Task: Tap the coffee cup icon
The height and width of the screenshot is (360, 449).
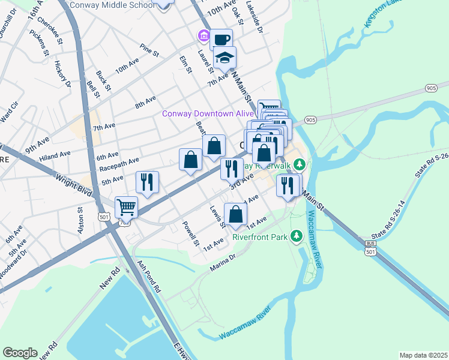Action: click(221, 39)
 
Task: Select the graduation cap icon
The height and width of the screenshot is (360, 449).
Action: click(225, 57)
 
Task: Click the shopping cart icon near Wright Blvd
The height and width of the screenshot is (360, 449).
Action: click(126, 207)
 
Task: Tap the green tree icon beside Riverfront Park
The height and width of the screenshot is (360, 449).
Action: click(295, 236)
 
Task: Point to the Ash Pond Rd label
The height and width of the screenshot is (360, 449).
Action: click(148, 276)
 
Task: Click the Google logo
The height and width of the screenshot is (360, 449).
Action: click(20, 353)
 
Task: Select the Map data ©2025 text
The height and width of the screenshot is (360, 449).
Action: click(423, 355)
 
